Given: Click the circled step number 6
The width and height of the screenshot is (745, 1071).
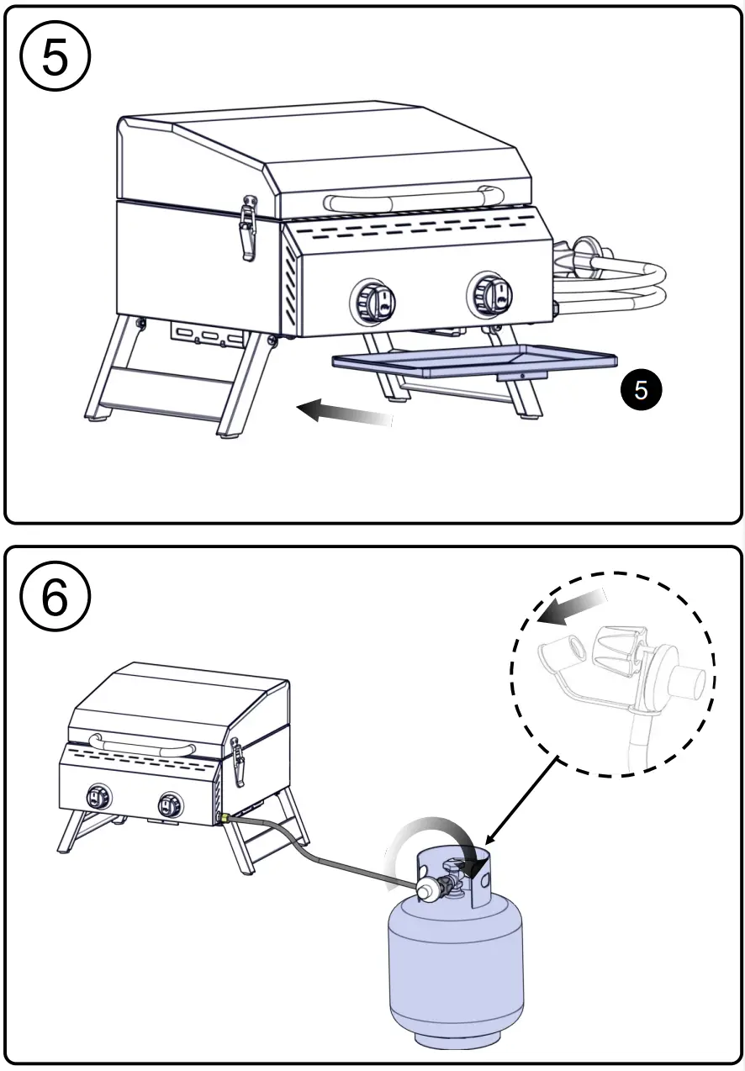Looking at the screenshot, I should click(x=55, y=599).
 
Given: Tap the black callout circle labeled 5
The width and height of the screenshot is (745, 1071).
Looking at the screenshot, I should click(x=641, y=391).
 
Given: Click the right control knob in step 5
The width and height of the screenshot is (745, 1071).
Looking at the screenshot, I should click(x=491, y=295).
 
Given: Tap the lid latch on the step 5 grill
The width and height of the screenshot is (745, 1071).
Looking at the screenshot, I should click(x=247, y=228).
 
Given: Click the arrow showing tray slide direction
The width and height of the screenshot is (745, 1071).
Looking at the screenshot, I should click(x=345, y=412).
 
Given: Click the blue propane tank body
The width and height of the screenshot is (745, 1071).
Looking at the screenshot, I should click(x=455, y=967).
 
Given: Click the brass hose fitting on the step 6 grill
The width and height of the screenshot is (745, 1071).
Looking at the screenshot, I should click(x=225, y=816).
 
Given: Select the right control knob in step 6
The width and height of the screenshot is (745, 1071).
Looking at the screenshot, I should click(x=171, y=805).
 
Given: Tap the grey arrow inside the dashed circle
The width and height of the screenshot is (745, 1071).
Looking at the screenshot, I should click(x=572, y=607).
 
